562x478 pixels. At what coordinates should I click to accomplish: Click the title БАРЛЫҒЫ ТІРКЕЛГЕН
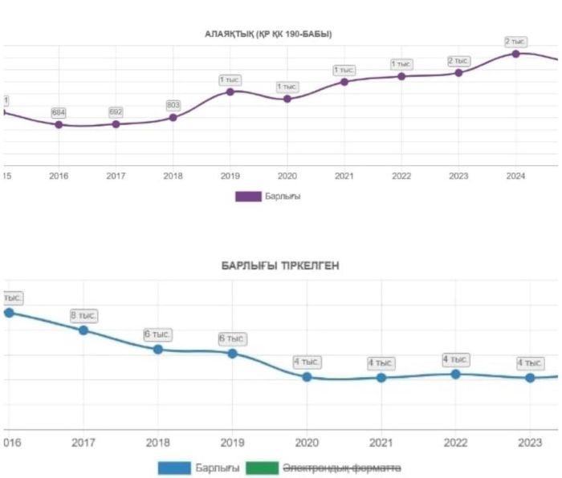tap(280, 265)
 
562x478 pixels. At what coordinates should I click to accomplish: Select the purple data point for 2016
tap(59, 124)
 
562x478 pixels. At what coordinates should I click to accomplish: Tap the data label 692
tap(116, 112)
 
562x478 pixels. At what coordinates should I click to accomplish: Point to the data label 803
tap(173, 105)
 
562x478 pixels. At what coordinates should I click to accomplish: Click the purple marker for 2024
tap(515, 54)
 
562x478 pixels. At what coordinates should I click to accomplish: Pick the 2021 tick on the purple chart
tap(344, 176)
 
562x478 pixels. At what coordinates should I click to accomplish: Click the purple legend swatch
tap(247, 196)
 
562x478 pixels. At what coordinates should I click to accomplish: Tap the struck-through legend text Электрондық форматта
tap(343, 468)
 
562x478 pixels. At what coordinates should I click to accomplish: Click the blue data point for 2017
tap(83, 330)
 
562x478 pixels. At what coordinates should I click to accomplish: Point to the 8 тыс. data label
tap(83, 315)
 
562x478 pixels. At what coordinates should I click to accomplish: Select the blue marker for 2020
tap(307, 377)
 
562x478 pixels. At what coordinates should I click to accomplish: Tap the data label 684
tap(59, 112)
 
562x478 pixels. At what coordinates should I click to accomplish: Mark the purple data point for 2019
tap(230, 91)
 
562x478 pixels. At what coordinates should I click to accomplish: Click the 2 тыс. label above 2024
tap(515, 41)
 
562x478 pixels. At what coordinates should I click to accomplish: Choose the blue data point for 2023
tap(530, 377)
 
